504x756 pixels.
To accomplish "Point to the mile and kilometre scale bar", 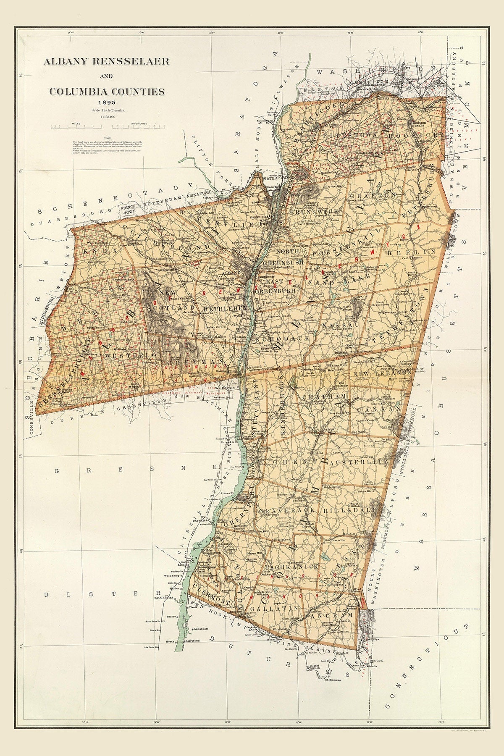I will coord(107,125).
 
